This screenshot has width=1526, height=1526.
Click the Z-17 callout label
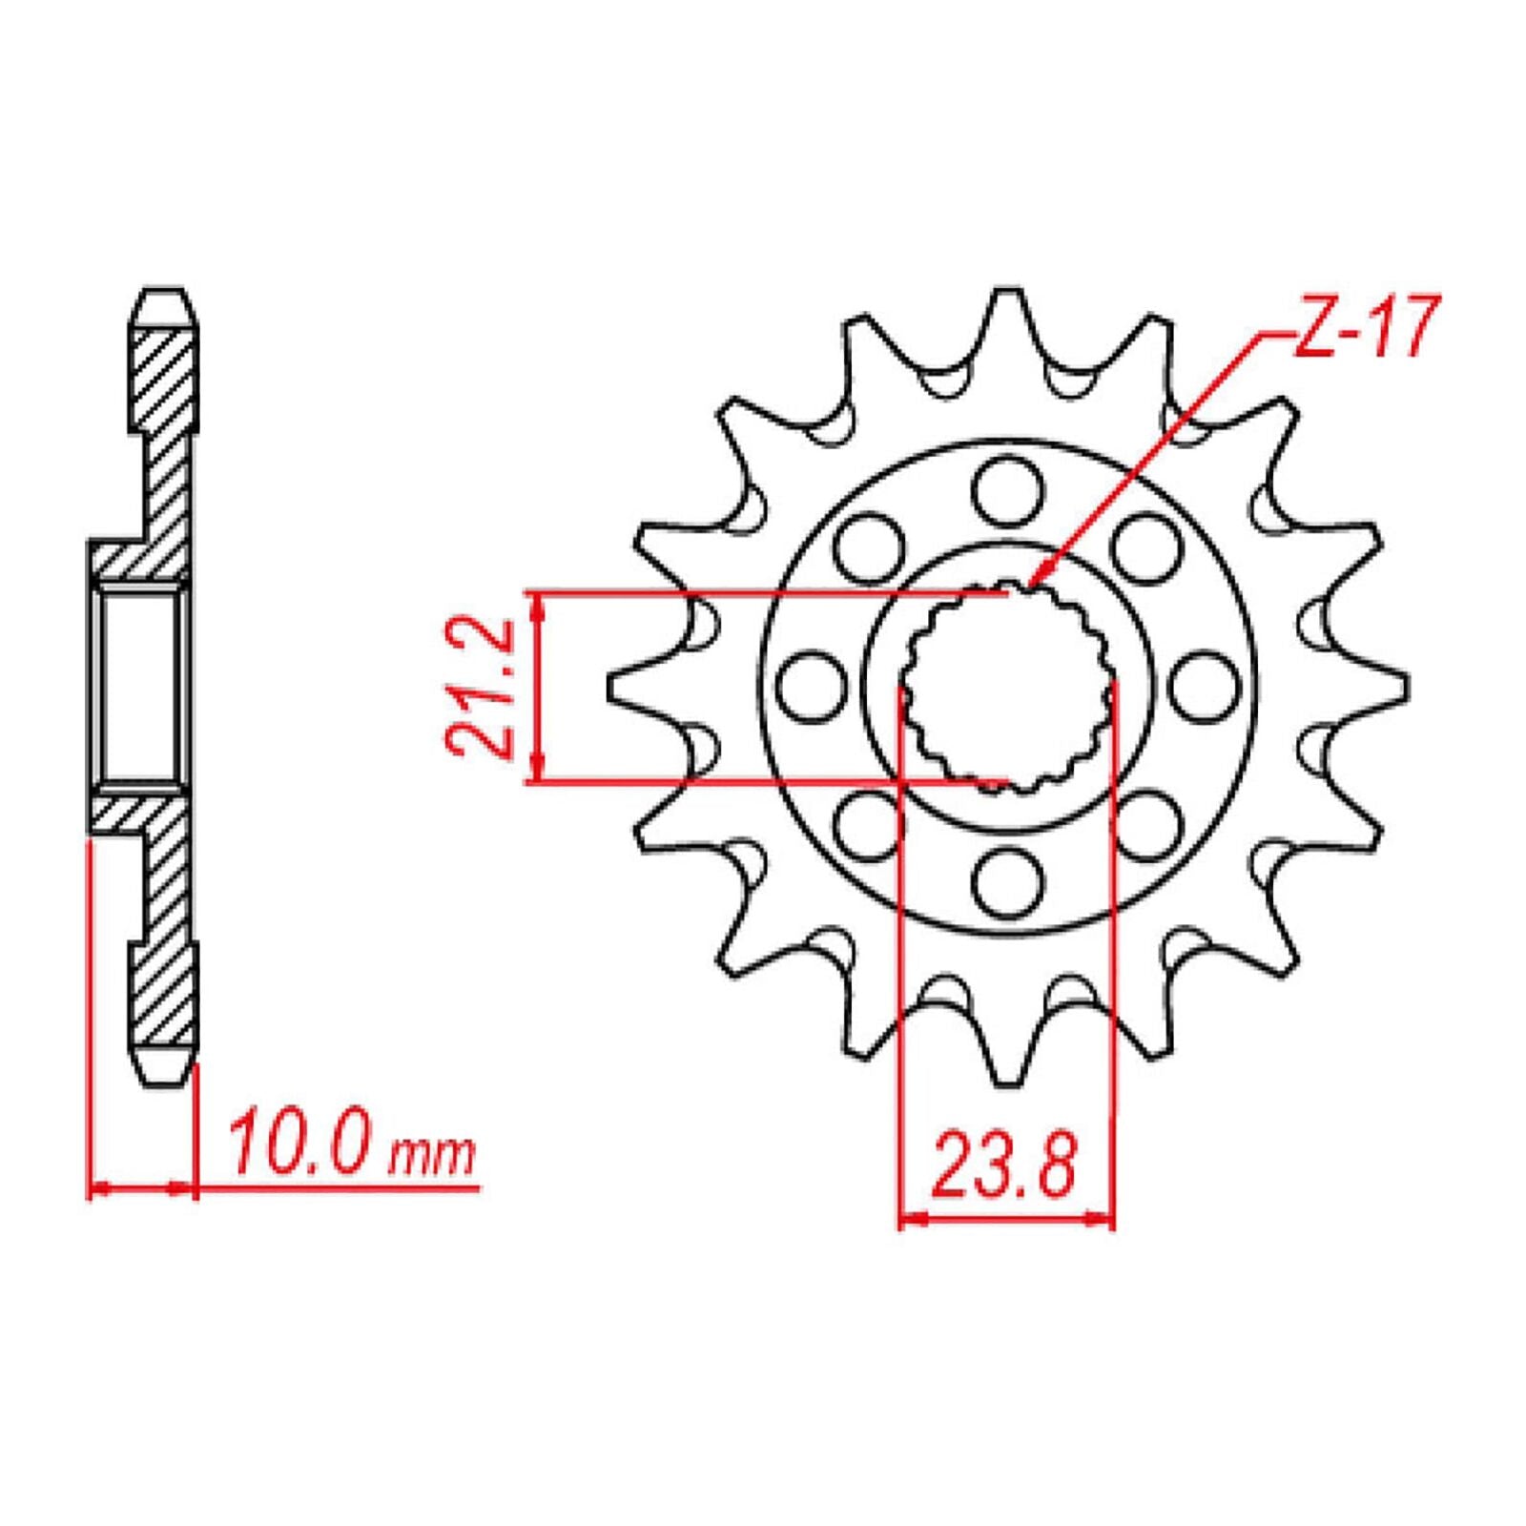(1362, 327)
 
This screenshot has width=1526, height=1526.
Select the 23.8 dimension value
(1005, 1165)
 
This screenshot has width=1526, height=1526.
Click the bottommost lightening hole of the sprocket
(1008, 881)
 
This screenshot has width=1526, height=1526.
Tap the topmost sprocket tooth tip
(1008, 292)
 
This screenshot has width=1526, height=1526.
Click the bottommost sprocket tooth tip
(1008, 1082)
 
